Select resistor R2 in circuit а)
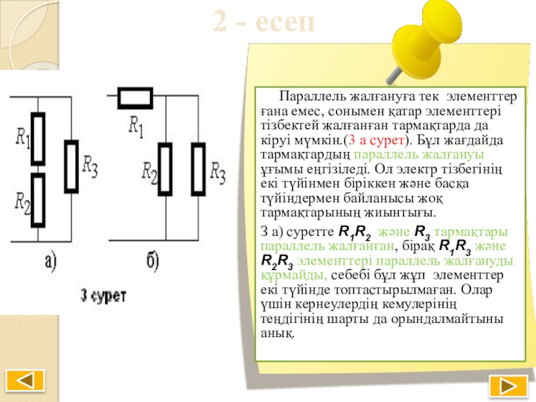pos(39,199)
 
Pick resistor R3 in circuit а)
pos(72,166)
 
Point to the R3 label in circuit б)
pos(217,172)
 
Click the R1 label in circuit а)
pos(23,139)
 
